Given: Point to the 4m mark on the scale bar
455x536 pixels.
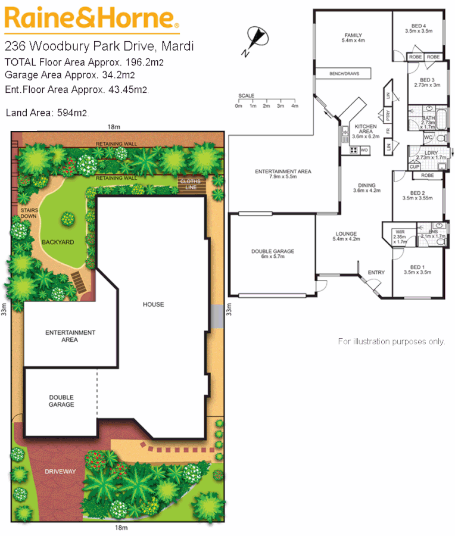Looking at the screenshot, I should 294,105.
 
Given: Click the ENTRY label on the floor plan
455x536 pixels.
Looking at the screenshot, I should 376,273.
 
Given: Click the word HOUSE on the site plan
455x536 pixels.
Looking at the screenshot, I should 153,304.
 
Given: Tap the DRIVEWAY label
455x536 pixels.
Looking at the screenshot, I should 61,472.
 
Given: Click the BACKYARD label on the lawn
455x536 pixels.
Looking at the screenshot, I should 58,242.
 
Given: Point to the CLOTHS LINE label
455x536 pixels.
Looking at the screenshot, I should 190,184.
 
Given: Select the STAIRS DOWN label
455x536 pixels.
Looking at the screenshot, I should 30,213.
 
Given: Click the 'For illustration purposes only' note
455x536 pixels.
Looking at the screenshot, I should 391,341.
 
